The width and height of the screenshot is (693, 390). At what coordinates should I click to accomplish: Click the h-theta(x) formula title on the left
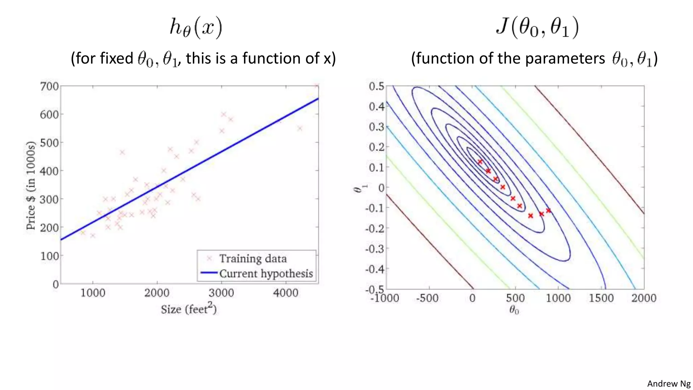pyautogui.click(x=196, y=28)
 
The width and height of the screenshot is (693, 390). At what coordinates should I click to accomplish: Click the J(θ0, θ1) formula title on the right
pyautogui.click(x=537, y=28)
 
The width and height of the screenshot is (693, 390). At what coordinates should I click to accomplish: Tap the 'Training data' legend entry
pyautogui.click(x=253, y=259)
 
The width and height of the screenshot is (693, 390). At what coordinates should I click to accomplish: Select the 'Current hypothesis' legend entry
pyautogui.click(x=266, y=274)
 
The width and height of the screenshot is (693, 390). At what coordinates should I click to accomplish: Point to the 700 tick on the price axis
pyautogui.click(x=49, y=86)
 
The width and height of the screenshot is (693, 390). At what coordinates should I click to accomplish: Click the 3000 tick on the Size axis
pyautogui.click(x=221, y=293)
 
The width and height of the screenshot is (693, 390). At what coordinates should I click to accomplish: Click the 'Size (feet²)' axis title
pyautogui.click(x=188, y=309)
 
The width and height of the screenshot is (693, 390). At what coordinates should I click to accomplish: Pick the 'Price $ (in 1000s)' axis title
pyautogui.click(x=31, y=185)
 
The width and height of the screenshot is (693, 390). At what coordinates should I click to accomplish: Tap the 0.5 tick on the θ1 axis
pyautogui.click(x=377, y=86)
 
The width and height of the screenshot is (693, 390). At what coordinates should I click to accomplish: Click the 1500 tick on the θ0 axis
pyautogui.click(x=601, y=298)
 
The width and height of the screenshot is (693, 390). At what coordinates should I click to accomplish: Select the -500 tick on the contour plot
pyautogui.click(x=427, y=298)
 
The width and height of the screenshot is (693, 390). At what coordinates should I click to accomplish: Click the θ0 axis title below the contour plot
pyautogui.click(x=514, y=310)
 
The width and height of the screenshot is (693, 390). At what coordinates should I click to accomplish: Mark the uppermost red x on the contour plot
pyautogui.click(x=480, y=162)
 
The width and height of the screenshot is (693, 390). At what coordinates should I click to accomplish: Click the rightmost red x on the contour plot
pyautogui.click(x=548, y=211)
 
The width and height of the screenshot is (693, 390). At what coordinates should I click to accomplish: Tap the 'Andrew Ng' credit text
pyautogui.click(x=669, y=384)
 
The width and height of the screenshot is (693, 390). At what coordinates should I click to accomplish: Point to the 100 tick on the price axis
pyautogui.click(x=49, y=256)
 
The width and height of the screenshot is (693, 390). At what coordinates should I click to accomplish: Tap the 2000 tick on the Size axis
pyautogui.click(x=157, y=293)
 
